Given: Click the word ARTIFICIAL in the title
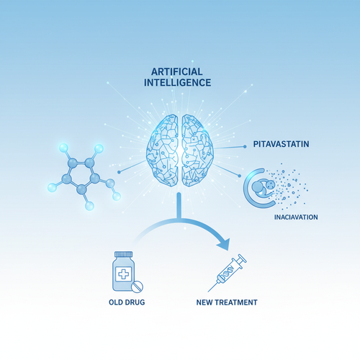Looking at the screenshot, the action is coord(177,72).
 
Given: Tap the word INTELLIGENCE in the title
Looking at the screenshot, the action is coord(177,83).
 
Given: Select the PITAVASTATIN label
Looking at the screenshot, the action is coord(281,144).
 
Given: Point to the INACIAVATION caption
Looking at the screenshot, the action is coord(296,217).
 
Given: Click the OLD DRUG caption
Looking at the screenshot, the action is coord(127,302).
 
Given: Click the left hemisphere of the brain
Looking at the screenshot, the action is coord(163,150).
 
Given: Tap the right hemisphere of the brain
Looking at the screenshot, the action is coord(197,150).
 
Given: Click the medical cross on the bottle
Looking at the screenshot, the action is coord(124,274).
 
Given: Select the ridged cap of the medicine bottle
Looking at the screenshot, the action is coord(124,254).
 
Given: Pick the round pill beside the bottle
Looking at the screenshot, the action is coord(137,287).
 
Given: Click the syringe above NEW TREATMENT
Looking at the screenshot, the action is coord(227,273).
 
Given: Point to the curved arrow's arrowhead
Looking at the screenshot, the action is coord(224,244).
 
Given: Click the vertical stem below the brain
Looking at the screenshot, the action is coord(179,205).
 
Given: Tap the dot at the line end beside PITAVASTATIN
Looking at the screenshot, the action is coord(245,146).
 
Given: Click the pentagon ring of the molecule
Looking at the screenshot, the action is coord(81,175).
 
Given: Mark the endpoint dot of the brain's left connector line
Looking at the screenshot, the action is coord(119,172).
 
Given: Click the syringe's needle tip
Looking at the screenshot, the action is coord(208,292).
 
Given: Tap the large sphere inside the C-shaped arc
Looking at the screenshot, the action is coord(258,186).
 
